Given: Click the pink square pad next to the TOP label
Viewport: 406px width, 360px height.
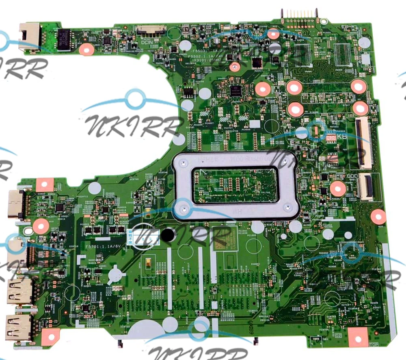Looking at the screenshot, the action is (x=357, y=337).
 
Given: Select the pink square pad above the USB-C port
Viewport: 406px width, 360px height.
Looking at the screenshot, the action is (x=45, y=185).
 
